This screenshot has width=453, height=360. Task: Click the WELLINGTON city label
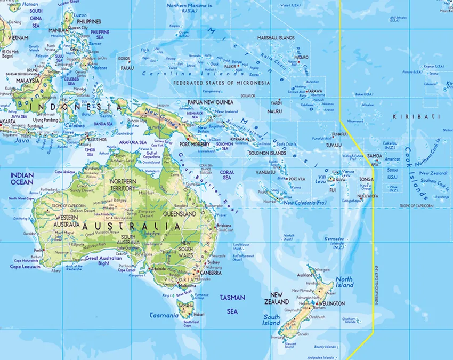pyautogui.click(x=332, y=303)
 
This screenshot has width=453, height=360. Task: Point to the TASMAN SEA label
pyautogui.click(x=232, y=304)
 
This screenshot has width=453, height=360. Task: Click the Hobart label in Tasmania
pyautogui.click(x=199, y=314)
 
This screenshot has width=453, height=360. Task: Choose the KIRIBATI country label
pyautogui.click(x=409, y=116)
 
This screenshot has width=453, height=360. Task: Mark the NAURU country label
pyautogui.click(x=274, y=111)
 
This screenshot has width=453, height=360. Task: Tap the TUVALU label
pyautogui.click(x=334, y=145)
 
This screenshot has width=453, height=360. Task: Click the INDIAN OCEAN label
pyautogui.click(x=21, y=178)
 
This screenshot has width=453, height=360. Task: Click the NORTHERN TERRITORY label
pyautogui.click(x=123, y=185)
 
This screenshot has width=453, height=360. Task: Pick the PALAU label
pyautogui.click(x=127, y=68)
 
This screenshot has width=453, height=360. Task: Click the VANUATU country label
pyautogui.click(x=265, y=172)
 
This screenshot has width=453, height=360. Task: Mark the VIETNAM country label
pyautogui.click(x=18, y=38)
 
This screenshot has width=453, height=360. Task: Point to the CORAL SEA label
pyautogui.click(x=227, y=175)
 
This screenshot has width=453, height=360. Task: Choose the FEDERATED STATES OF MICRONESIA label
pyautogui.click(x=221, y=83)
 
